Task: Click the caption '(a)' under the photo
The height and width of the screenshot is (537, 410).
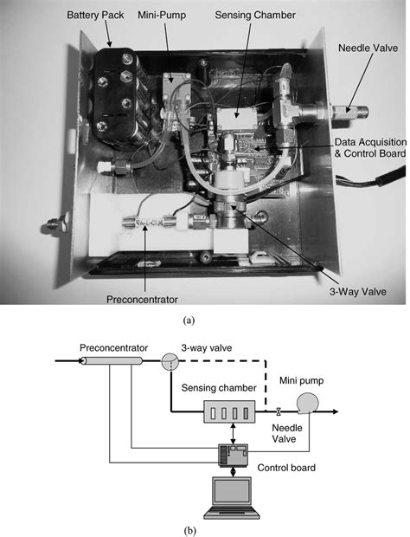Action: pyautogui.click(x=189, y=320)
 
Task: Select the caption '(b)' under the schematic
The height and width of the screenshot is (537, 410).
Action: pyautogui.click(x=190, y=525)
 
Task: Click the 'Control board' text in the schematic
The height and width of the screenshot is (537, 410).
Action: pyautogui.click(x=285, y=469)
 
